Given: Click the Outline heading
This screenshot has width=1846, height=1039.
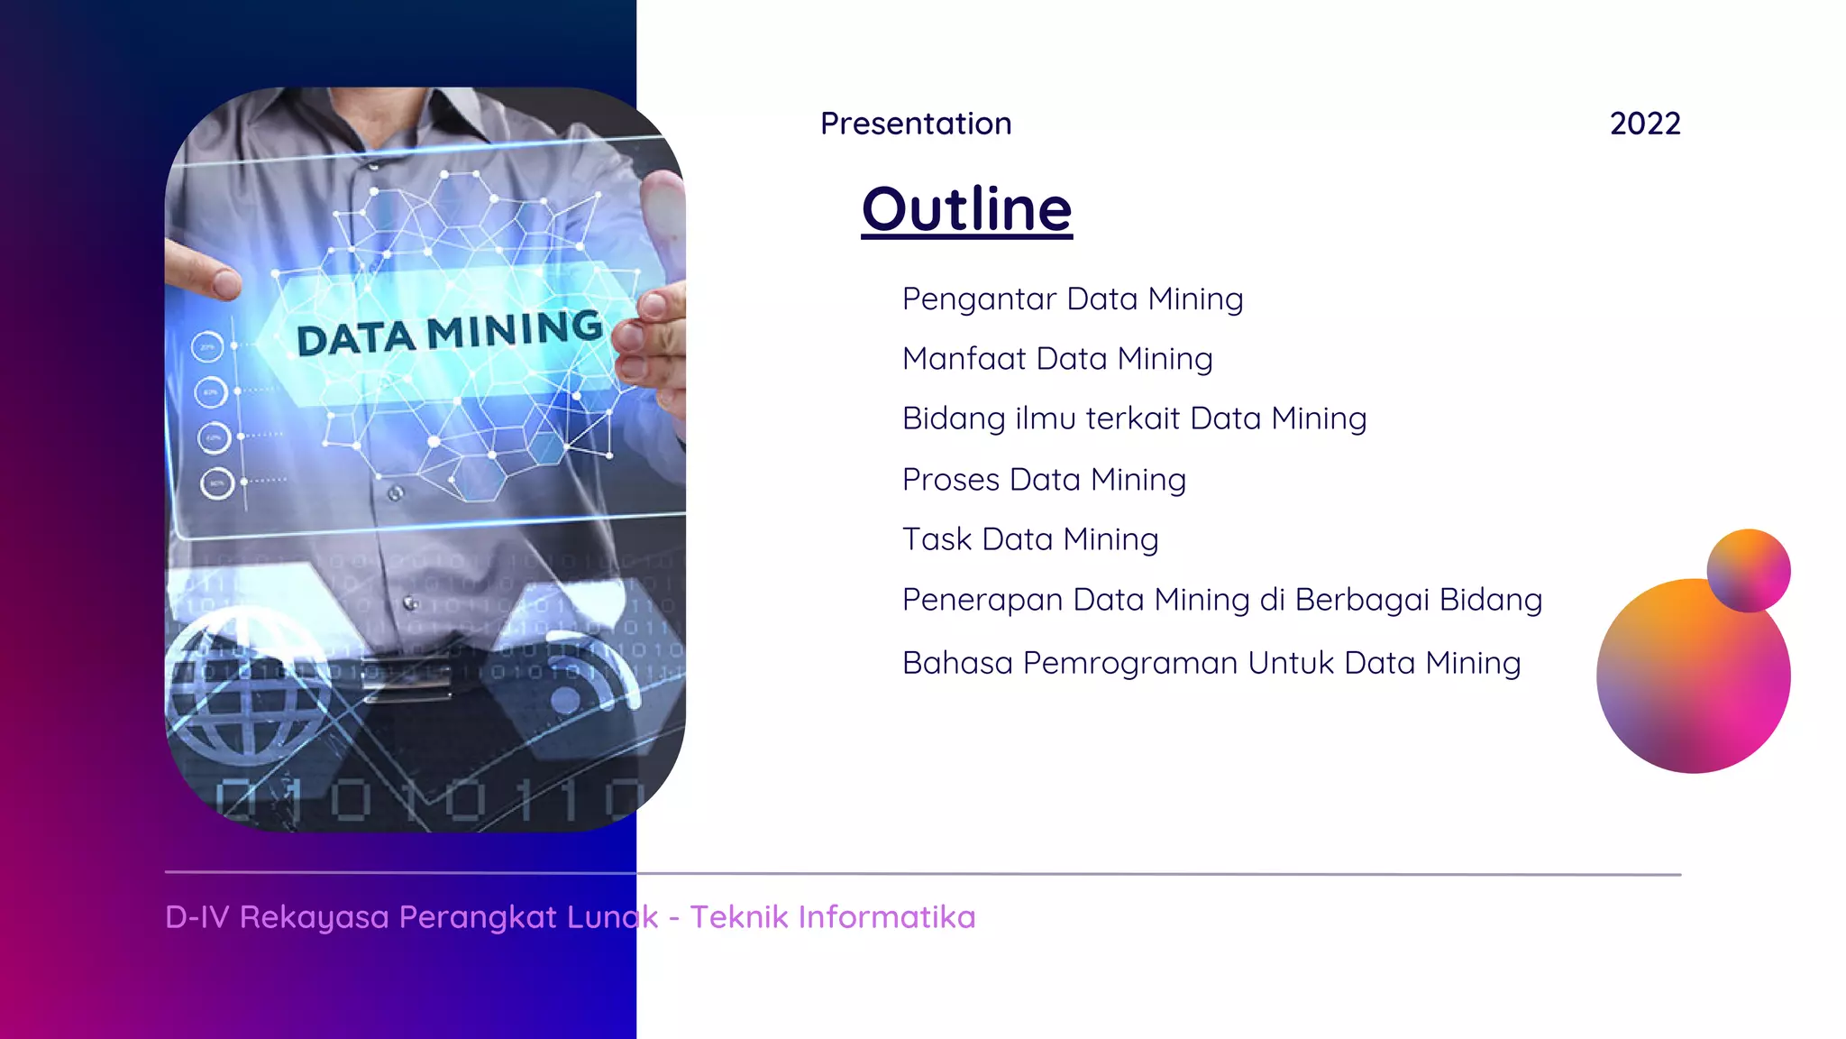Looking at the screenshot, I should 966,209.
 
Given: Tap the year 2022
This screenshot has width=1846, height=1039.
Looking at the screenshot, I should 1645,124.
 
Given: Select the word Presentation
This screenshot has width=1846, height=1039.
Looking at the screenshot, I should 916,124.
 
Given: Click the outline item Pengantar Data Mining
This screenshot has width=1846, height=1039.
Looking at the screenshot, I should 1073,299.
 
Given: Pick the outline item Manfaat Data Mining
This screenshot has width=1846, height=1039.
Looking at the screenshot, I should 1057,359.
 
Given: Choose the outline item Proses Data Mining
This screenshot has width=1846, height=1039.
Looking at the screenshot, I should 1044,480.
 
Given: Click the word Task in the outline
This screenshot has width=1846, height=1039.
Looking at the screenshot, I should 937,539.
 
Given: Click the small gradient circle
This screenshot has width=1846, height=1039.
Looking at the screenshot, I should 1748,571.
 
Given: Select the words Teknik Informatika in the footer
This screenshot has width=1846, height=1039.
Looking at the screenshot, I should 833,917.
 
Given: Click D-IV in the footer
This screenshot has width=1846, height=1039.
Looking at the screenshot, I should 197,917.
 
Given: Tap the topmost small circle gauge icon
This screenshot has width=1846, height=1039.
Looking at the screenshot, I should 207,347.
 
